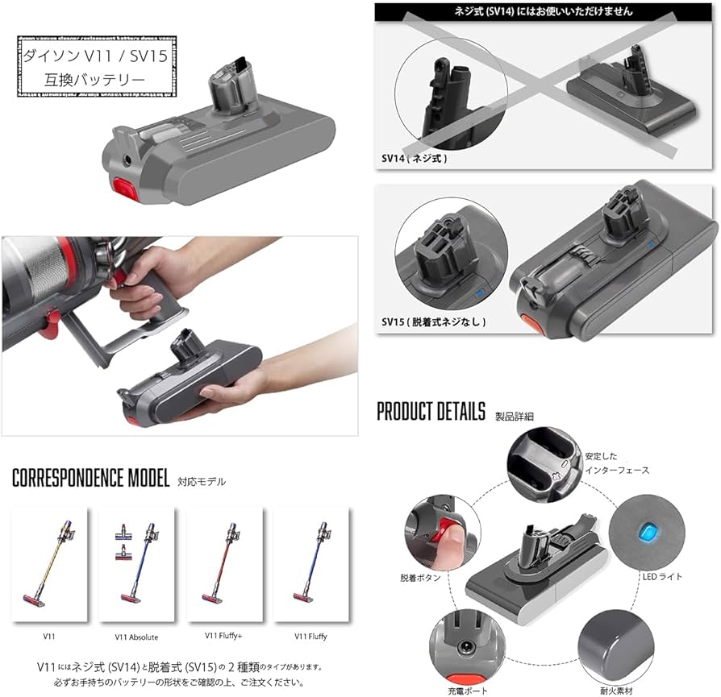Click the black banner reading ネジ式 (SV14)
click(x=546, y=11)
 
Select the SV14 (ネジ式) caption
click(x=415, y=159)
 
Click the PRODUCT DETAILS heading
click(x=431, y=412)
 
